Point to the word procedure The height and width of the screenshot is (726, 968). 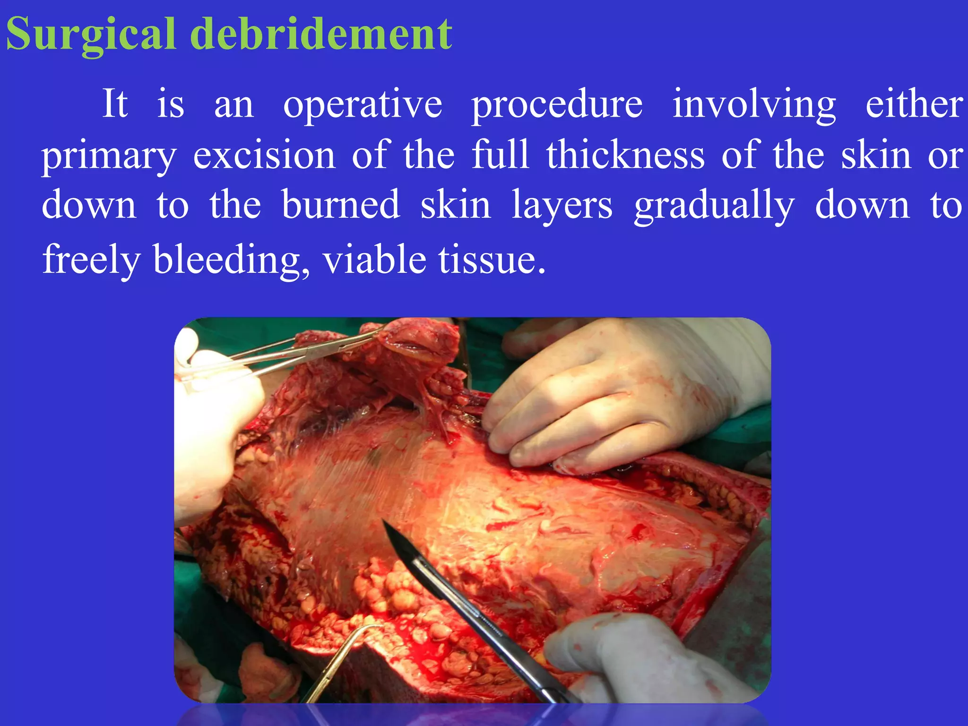pyautogui.click(x=557, y=105)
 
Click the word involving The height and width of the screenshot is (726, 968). pyautogui.click(x=754, y=105)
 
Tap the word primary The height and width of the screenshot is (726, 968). pyautogui.click(x=109, y=156)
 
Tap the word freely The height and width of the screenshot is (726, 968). pyautogui.click(x=91, y=260)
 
